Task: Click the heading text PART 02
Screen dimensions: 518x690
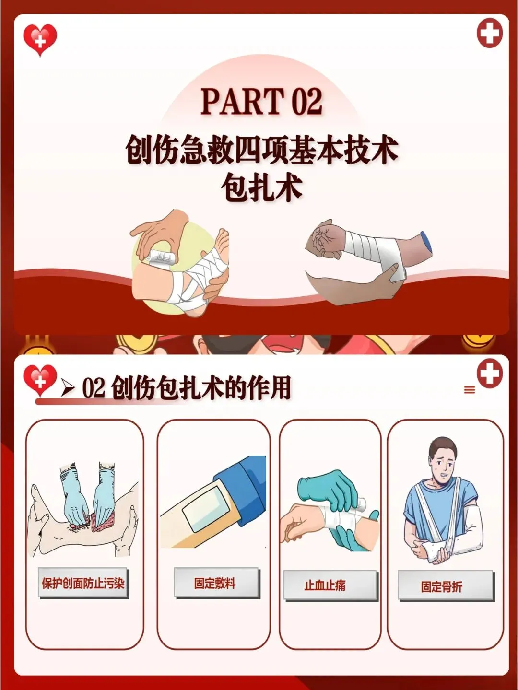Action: coord(261,101)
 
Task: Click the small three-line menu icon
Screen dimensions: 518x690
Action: coord(470,390)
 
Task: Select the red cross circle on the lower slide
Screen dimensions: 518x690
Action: coord(490,374)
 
